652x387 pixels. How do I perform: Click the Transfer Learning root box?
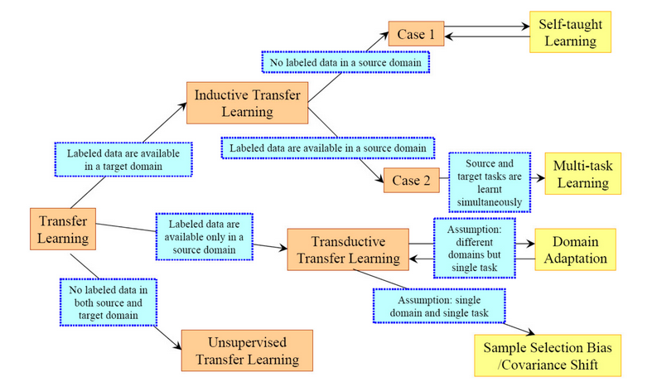click(62, 228)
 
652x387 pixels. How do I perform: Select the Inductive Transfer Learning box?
click(247, 104)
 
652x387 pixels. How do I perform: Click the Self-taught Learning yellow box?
click(572, 31)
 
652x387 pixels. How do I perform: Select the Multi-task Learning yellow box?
click(582, 172)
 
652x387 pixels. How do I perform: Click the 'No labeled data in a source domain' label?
click(345, 62)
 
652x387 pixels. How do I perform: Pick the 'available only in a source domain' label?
click(204, 234)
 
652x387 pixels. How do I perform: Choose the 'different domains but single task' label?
click(475, 245)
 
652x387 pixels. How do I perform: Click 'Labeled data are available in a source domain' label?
click(327, 148)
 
